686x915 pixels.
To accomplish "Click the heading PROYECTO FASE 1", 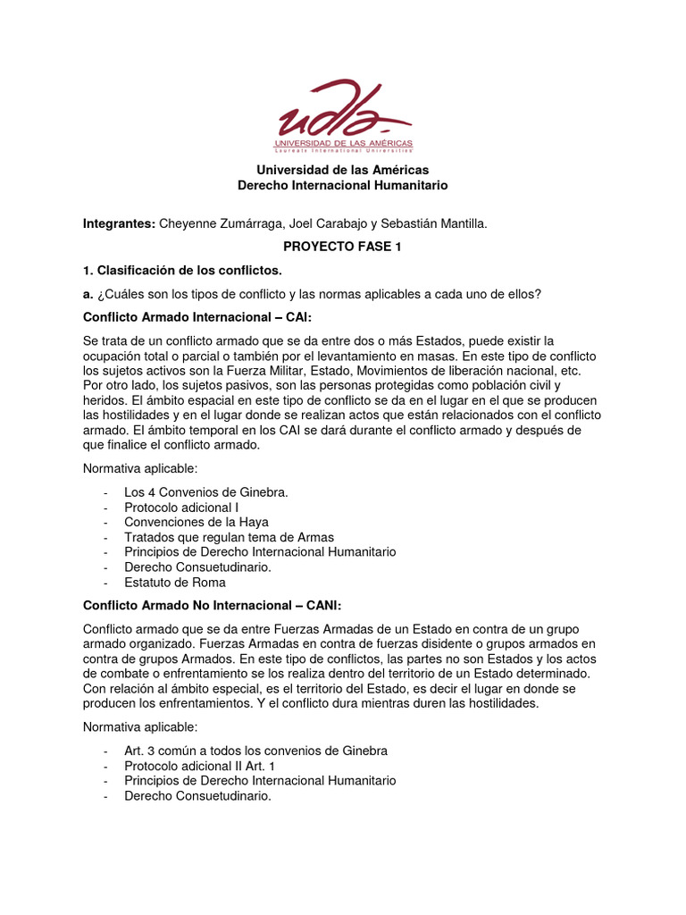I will point(342,247).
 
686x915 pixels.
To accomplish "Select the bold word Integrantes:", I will point(119,224).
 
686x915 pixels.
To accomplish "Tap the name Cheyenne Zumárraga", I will point(216,224).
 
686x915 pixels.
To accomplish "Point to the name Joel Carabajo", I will point(323,224).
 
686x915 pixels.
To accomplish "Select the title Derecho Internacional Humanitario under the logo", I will point(342,185).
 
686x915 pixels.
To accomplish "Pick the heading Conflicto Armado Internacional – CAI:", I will point(197,317).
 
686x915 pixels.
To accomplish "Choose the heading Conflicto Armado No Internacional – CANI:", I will point(213,605).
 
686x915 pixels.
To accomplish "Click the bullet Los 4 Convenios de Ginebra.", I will point(205,491).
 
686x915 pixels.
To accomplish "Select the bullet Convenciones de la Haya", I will point(197,522).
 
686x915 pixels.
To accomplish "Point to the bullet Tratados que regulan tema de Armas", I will point(229,537).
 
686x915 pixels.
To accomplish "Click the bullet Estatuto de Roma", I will point(174,583).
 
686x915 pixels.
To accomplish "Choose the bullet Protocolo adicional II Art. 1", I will point(200,766).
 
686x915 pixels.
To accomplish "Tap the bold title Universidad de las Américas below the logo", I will point(343,170).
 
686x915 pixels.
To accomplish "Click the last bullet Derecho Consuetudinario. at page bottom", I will point(197,795).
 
